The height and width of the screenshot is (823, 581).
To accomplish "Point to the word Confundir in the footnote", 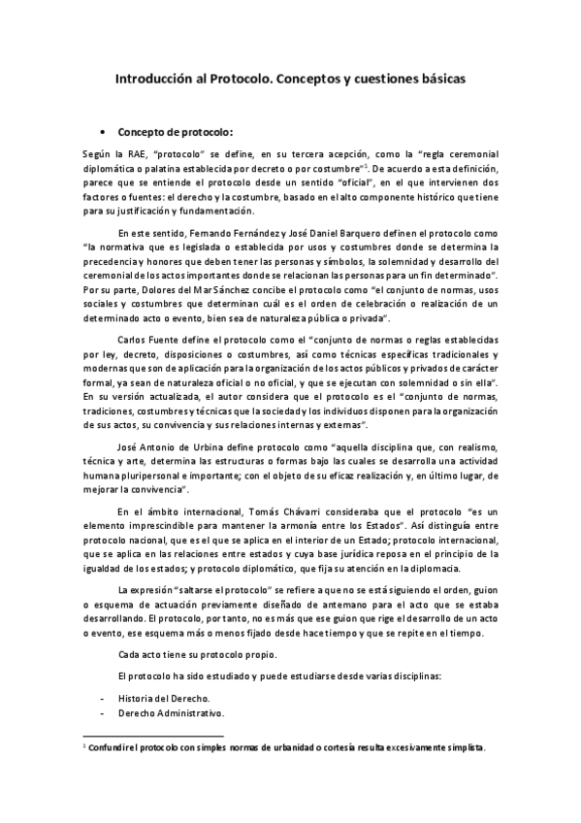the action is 112,747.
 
